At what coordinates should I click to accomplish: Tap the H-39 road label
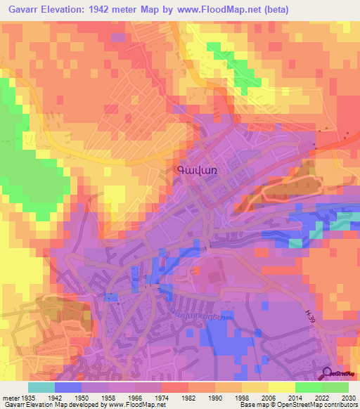click(311, 318)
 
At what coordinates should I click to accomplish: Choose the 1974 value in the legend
click(162, 397)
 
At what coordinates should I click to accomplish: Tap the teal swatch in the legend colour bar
click(41, 387)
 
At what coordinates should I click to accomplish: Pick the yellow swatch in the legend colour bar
click(282, 387)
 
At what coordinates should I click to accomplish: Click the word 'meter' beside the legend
click(11, 397)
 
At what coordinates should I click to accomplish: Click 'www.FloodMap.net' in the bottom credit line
click(137, 405)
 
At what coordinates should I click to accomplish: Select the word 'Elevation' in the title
click(72, 10)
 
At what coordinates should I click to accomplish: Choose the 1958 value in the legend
click(108, 397)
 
